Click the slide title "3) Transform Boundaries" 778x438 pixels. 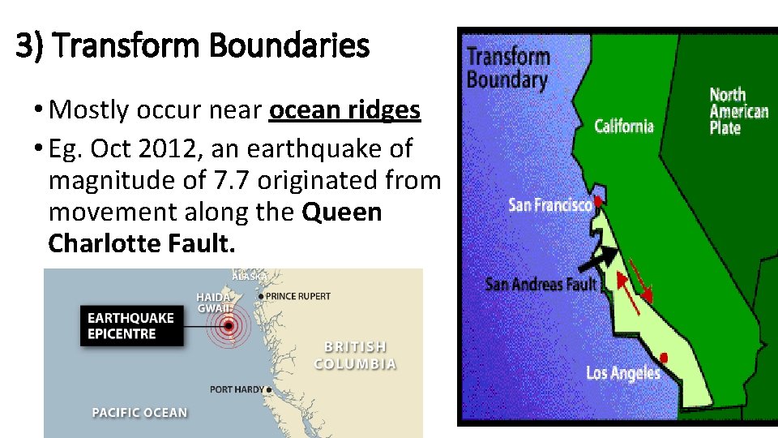192,47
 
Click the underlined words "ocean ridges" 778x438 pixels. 344,110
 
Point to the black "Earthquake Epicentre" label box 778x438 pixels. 130,325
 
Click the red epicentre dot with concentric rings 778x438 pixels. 229,326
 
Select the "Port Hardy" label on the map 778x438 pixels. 237,389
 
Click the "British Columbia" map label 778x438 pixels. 355,355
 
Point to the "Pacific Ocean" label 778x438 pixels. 139,413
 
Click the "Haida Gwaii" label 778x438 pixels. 214,303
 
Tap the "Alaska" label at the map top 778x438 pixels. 250,277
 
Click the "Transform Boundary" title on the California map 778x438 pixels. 508,68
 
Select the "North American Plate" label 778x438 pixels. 738,111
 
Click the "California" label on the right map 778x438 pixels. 623,126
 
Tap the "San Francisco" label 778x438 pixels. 549,204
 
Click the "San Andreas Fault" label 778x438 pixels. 541,284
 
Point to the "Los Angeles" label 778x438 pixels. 622,373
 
